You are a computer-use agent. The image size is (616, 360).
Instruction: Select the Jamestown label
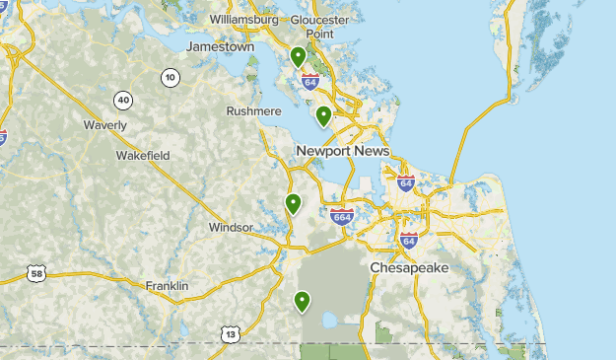tap(221, 46)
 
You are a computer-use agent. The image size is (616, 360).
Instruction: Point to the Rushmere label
tap(254, 111)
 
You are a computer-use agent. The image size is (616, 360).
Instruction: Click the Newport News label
tap(343, 151)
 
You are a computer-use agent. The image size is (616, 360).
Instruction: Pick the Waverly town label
tap(104, 125)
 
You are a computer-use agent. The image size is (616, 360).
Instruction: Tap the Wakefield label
tap(143, 156)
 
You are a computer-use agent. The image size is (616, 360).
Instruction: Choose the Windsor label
tap(231, 228)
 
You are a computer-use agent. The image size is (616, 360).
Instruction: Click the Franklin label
tap(167, 286)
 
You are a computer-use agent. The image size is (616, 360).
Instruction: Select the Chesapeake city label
tap(409, 268)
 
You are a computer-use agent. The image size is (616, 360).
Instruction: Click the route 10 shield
tap(171, 78)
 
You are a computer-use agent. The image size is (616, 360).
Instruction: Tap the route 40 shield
tap(123, 100)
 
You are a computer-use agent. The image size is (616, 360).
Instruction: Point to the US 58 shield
tap(36, 273)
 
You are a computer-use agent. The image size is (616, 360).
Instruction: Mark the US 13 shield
tap(230, 334)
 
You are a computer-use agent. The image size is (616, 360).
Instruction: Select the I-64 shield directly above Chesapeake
tap(409, 240)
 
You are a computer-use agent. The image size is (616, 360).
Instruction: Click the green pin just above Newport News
tap(323, 116)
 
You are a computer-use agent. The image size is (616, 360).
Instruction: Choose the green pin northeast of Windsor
tap(293, 204)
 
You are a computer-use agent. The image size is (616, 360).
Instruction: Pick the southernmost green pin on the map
tap(302, 301)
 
